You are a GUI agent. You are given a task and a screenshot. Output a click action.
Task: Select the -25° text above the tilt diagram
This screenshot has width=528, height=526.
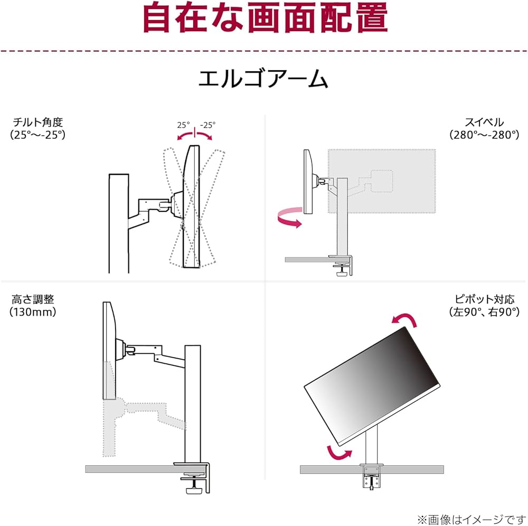208,125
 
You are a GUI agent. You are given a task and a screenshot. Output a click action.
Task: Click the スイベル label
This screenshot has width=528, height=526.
484,123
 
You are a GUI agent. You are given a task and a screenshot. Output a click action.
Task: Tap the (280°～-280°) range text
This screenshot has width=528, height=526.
484,135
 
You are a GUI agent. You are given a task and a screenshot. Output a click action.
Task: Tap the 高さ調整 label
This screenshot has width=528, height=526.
33,299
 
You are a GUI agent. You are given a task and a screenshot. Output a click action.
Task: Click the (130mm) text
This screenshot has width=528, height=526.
33,312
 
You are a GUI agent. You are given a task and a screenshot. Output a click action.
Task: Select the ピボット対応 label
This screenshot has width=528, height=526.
484,299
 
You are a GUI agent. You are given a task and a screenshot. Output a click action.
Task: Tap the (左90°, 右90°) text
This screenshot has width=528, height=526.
484,312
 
